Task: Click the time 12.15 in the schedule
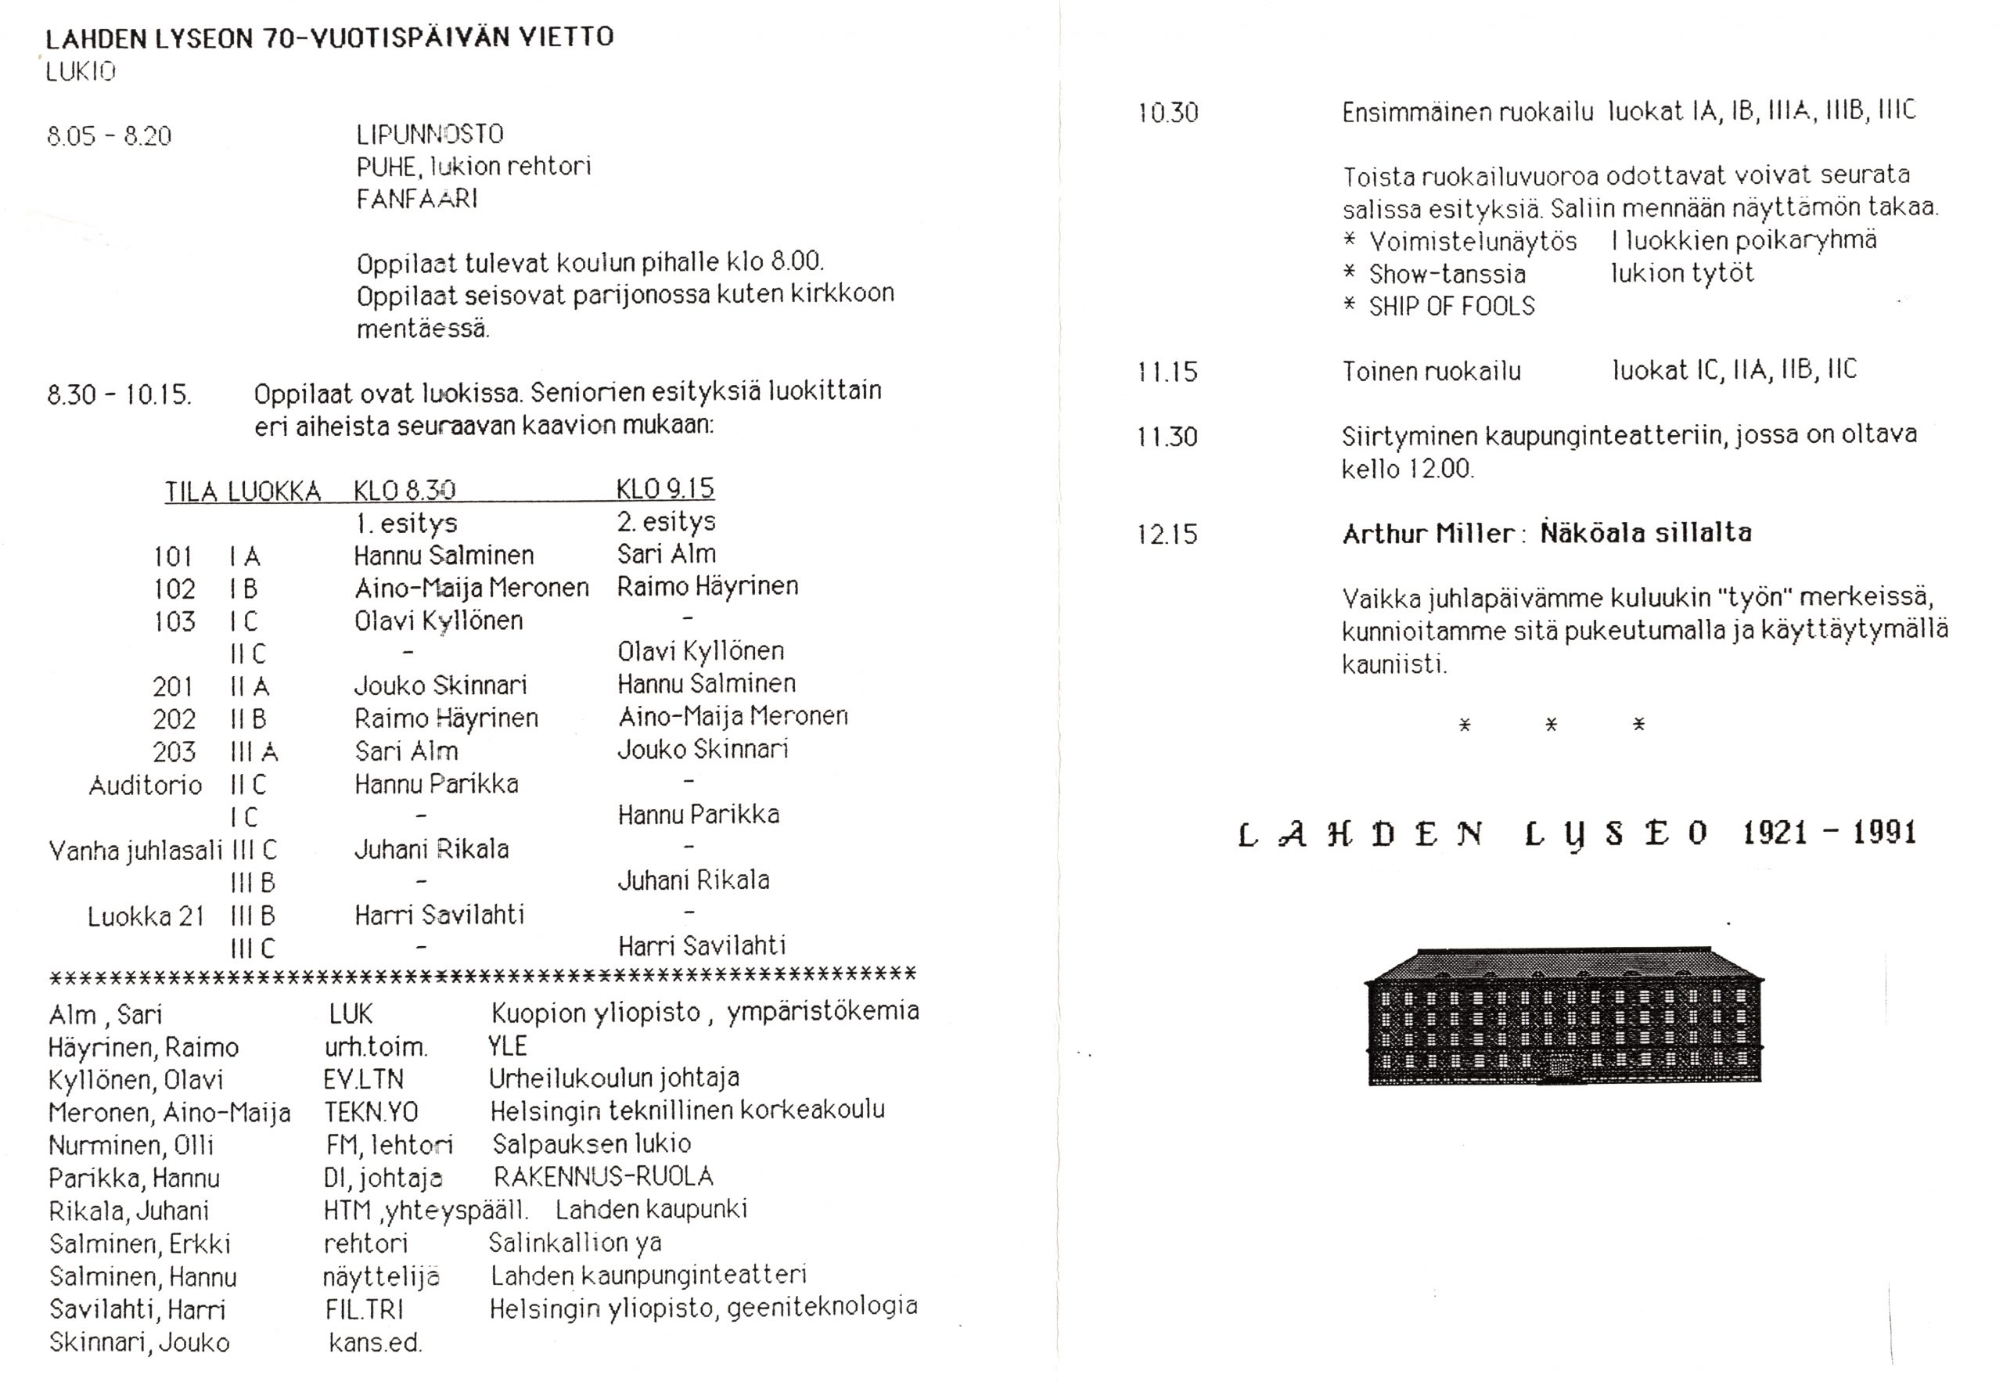point(1167,534)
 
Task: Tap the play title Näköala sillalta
point(1645,533)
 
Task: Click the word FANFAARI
point(416,199)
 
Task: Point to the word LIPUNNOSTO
point(430,135)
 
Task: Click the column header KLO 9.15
point(665,489)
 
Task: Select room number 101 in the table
point(172,556)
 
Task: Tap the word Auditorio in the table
point(146,786)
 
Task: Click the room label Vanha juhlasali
point(136,851)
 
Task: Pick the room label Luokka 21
point(146,916)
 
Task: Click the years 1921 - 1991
point(1829,833)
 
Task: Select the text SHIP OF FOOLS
point(1451,307)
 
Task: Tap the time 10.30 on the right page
point(1167,113)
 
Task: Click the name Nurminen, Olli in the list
point(131,1146)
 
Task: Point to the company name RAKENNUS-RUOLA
point(603,1177)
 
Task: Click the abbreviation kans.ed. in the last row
point(374,1343)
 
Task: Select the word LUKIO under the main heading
point(81,72)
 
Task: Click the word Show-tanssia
point(1447,275)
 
